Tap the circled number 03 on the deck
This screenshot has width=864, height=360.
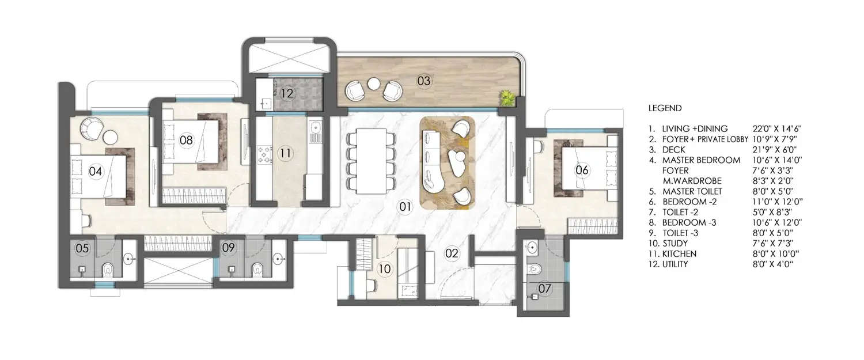click(x=424, y=81)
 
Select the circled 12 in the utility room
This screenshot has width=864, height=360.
click(x=287, y=93)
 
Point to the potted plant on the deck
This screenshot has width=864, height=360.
click(x=507, y=97)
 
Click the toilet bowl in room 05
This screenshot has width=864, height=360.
click(x=107, y=269)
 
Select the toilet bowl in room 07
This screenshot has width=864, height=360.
click(x=536, y=269)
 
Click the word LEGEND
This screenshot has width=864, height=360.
click(x=665, y=108)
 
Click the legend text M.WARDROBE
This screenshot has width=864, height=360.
click(x=688, y=181)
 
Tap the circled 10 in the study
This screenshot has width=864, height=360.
click(x=384, y=268)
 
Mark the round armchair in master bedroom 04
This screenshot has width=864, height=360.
click(x=92, y=128)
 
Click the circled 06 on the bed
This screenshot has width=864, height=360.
click(x=582, y=169)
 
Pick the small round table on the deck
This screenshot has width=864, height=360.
click(x=374, y=84)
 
